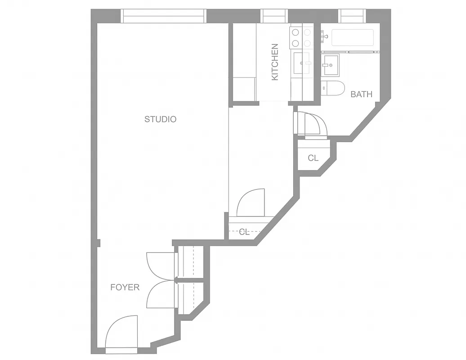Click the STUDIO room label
(160, 119)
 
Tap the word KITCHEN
(275, 62)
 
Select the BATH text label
(361, 94)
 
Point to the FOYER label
(125, 287)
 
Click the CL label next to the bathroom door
(313, 158)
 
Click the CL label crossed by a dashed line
(244, 232)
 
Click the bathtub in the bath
(352, 38)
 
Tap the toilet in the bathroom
(334, 89)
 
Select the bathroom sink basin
(331, 66)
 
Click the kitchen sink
(302, 63)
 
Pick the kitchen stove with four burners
(301, 38)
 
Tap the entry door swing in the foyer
(121, 332)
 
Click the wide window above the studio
(164, 16)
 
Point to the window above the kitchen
(274, 16)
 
